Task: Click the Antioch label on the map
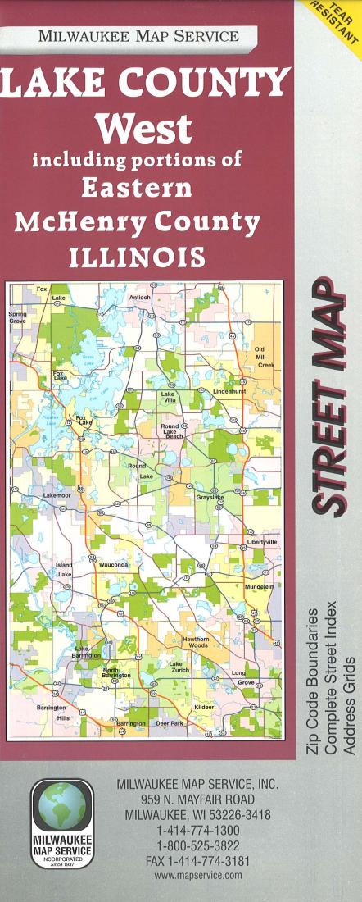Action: click(141, 297)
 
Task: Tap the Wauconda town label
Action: click(114, 565)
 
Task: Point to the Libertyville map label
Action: click(263, 542)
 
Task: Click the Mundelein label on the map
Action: click(260, 588)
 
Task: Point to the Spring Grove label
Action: click(17, 317)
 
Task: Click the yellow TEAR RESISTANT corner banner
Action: click(337, 20)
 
